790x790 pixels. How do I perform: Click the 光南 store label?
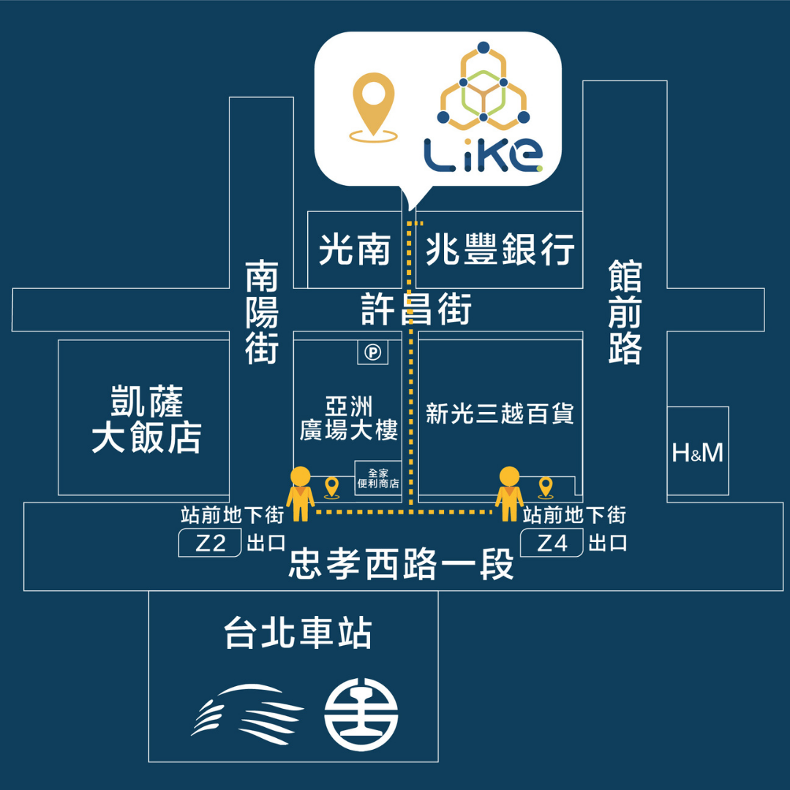click(x=354, y=250)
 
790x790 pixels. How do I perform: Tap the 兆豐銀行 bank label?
click(x=500, y=250)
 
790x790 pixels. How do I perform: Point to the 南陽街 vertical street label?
click(x=262, y=311)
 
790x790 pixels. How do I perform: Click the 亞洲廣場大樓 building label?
click(x=349, y=419)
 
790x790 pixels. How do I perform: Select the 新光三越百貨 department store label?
click(x=500, y=415)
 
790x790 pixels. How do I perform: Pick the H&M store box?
click(x=698, y=453)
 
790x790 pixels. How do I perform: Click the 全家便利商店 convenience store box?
click(x=378, y=478)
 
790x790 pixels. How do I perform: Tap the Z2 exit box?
click(x=211, y=543)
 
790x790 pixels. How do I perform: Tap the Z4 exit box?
click(x=552, y=543)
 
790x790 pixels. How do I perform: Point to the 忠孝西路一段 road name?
click(x=402, y=565)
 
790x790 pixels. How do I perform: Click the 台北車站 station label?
click(x=298, y=633)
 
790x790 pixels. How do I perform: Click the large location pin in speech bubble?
click(x=373, y=106)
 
